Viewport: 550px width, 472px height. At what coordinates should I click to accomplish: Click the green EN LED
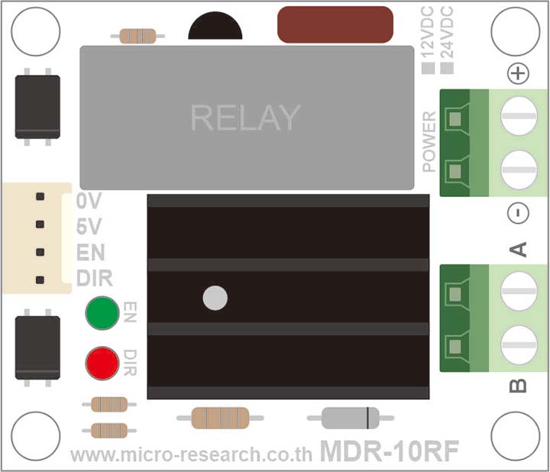point(102,313)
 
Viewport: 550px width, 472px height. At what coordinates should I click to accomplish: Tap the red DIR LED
point(102,363)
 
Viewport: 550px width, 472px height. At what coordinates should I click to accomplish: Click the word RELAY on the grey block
point(245,118)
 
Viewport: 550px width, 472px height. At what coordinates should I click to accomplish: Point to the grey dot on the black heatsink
point(215,298)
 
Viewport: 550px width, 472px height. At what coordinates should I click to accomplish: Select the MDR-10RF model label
point(389,451)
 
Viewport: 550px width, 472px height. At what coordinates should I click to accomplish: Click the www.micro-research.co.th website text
point(191,455)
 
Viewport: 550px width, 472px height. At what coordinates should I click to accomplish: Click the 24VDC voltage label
point(448,34)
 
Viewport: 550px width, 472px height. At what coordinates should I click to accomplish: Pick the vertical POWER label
point(429,141)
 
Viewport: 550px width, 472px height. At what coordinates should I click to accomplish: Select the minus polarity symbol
point(518,213)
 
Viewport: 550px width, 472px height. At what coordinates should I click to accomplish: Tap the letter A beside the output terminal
point(518,249)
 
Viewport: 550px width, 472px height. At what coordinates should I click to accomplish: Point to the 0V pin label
point(89,202)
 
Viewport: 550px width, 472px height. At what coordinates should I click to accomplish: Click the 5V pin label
point(89,227)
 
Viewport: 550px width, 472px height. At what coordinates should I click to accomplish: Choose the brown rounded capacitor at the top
point(336,24)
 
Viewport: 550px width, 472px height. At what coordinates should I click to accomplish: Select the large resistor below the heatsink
point(220,418)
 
